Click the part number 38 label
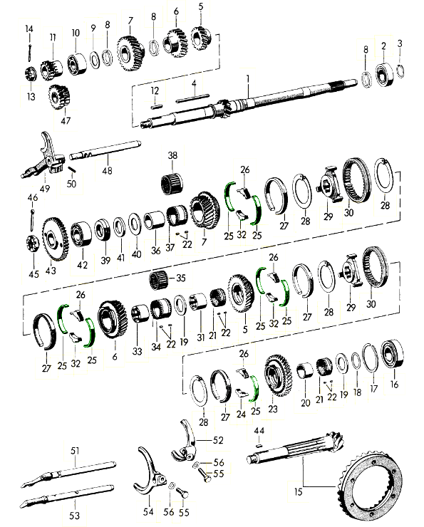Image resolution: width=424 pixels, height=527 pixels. (172, 155)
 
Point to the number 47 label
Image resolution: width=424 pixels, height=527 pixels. (66, 120)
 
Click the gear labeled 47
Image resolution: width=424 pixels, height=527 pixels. (59, 97)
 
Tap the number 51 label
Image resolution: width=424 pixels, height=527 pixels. (75, 450)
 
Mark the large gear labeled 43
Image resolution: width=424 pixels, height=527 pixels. (55, 239)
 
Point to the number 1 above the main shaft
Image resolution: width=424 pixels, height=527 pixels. (248, 79)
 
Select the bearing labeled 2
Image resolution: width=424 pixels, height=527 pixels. (384, 75)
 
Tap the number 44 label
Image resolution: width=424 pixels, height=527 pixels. (259, 431)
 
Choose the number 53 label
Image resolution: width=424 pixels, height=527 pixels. (74, 515)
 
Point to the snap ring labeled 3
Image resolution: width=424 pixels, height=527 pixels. (400, 71)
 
